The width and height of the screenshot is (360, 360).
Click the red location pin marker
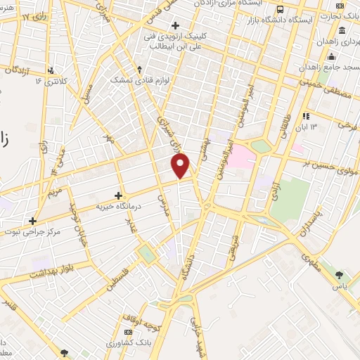click(181, 167)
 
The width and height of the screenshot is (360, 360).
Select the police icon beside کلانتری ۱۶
click(51, 70)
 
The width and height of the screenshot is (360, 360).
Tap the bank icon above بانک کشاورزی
click(127, 332)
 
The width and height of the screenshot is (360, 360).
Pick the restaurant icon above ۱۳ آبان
click(305, 116)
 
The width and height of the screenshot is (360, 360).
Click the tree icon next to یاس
click(340, 275)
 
